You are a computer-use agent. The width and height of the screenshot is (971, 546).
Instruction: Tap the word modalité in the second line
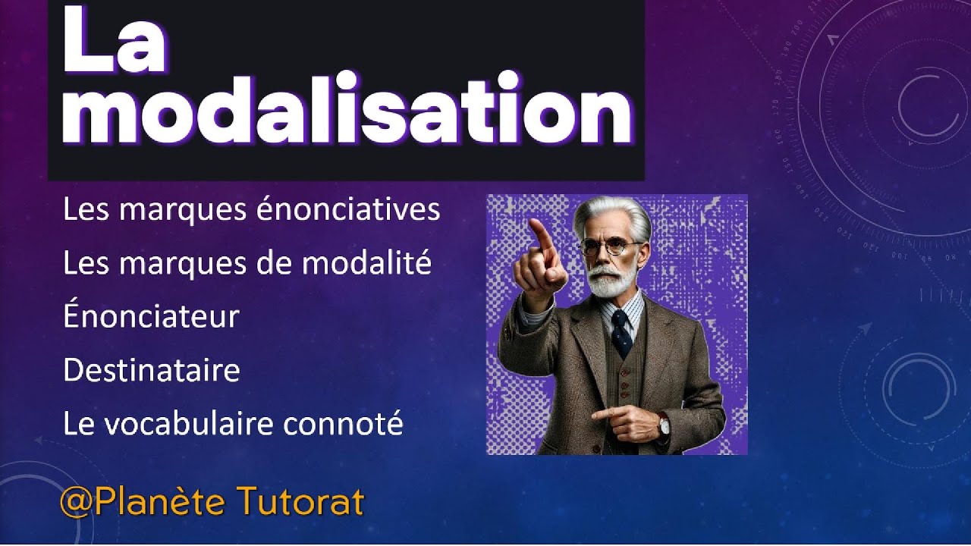coord(366,264)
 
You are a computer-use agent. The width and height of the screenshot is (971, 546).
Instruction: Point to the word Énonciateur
coord(151,317)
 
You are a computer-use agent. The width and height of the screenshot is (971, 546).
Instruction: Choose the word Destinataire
coord(151,371)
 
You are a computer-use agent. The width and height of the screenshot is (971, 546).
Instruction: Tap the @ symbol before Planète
coord(76,503)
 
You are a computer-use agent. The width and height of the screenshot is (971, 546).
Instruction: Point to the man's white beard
coord(611,282)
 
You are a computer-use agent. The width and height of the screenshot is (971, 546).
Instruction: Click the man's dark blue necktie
coord(621,334)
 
